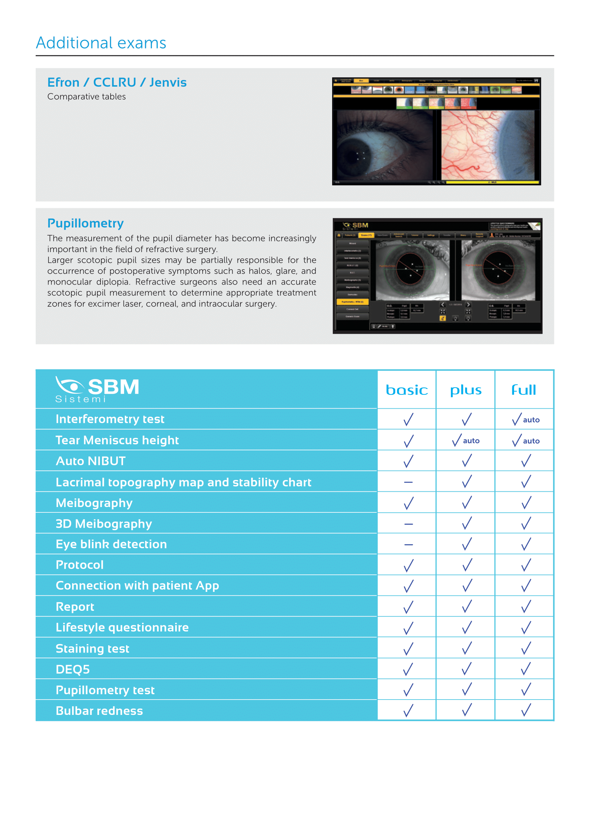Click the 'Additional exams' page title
pyautogui.click(x=101, y=43)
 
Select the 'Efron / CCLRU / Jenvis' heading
pyautogui.click(x=117, y=82)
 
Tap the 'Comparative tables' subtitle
pyautogui.click(x=86, y=97)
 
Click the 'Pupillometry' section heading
pyautogui.click(x=85, y=223)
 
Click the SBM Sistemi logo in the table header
pyautogui.click(x=97, y=389)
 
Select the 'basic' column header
pyautogui.click(x=407, y=390)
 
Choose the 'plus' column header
pyautogui.click(x=466, y=390)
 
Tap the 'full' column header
pyautogui.click(x=524, y=390)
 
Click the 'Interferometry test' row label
pyautogui.click(x=110, y=419)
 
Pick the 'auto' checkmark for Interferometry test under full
pyautogui.click(x=525, y=420)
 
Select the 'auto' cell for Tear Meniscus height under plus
pyautogui.click(x=466, y=441)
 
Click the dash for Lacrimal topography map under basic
pyautogui.click(x=408, y=482)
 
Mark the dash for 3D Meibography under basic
pyautogui.click(x=408, y=524)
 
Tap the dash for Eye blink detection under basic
pyautogui.click(x=408, y=544)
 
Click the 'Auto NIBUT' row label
pyautogui.click(x=91, y=461)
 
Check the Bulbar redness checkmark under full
pyautogui.click(x=526, y=710)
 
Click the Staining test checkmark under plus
pyautogui.click(x=467, y=648)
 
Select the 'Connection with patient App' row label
pyautogui.click(x=137, y=585)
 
